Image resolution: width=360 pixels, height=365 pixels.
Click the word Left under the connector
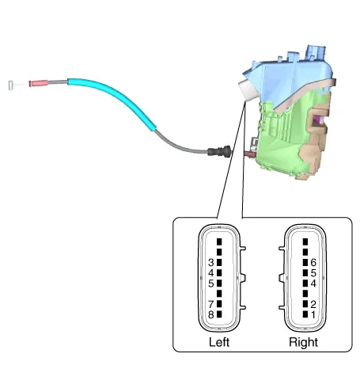[x=219, y=342]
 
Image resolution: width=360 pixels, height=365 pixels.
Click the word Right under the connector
[x=303, y=342]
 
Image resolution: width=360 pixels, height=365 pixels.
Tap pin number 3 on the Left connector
[x=219, y=262]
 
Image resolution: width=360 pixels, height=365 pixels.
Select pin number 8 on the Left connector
[x=219, y=314]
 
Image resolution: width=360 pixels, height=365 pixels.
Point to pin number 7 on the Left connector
[x=219, y=304]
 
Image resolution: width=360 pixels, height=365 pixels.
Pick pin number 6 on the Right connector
[x=305, y=262]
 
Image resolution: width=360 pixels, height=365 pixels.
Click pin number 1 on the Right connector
[x=305, y=314]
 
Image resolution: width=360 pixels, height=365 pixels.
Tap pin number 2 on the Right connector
[x=305, y=304]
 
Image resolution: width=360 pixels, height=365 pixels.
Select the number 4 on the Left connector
[x=211, y=273]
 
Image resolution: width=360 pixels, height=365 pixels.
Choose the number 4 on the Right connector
[x=313, y=283]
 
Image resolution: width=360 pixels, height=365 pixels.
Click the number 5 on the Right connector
[x=313, y=273]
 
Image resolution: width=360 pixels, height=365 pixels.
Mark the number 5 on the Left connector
[x=211, y=283]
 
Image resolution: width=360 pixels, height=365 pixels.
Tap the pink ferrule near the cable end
[x=39, y=83]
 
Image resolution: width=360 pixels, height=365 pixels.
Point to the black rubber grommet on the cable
[x=219, y=151]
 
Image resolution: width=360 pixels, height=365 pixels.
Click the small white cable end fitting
[x=10, y=85]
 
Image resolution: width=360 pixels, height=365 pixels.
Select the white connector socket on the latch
[x=247, y=90]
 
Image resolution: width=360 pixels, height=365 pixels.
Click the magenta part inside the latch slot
[x=320, y=121]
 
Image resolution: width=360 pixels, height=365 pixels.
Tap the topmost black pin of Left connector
[x=219, y=241]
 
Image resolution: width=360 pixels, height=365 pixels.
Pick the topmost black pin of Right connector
[x=305, y=241]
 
